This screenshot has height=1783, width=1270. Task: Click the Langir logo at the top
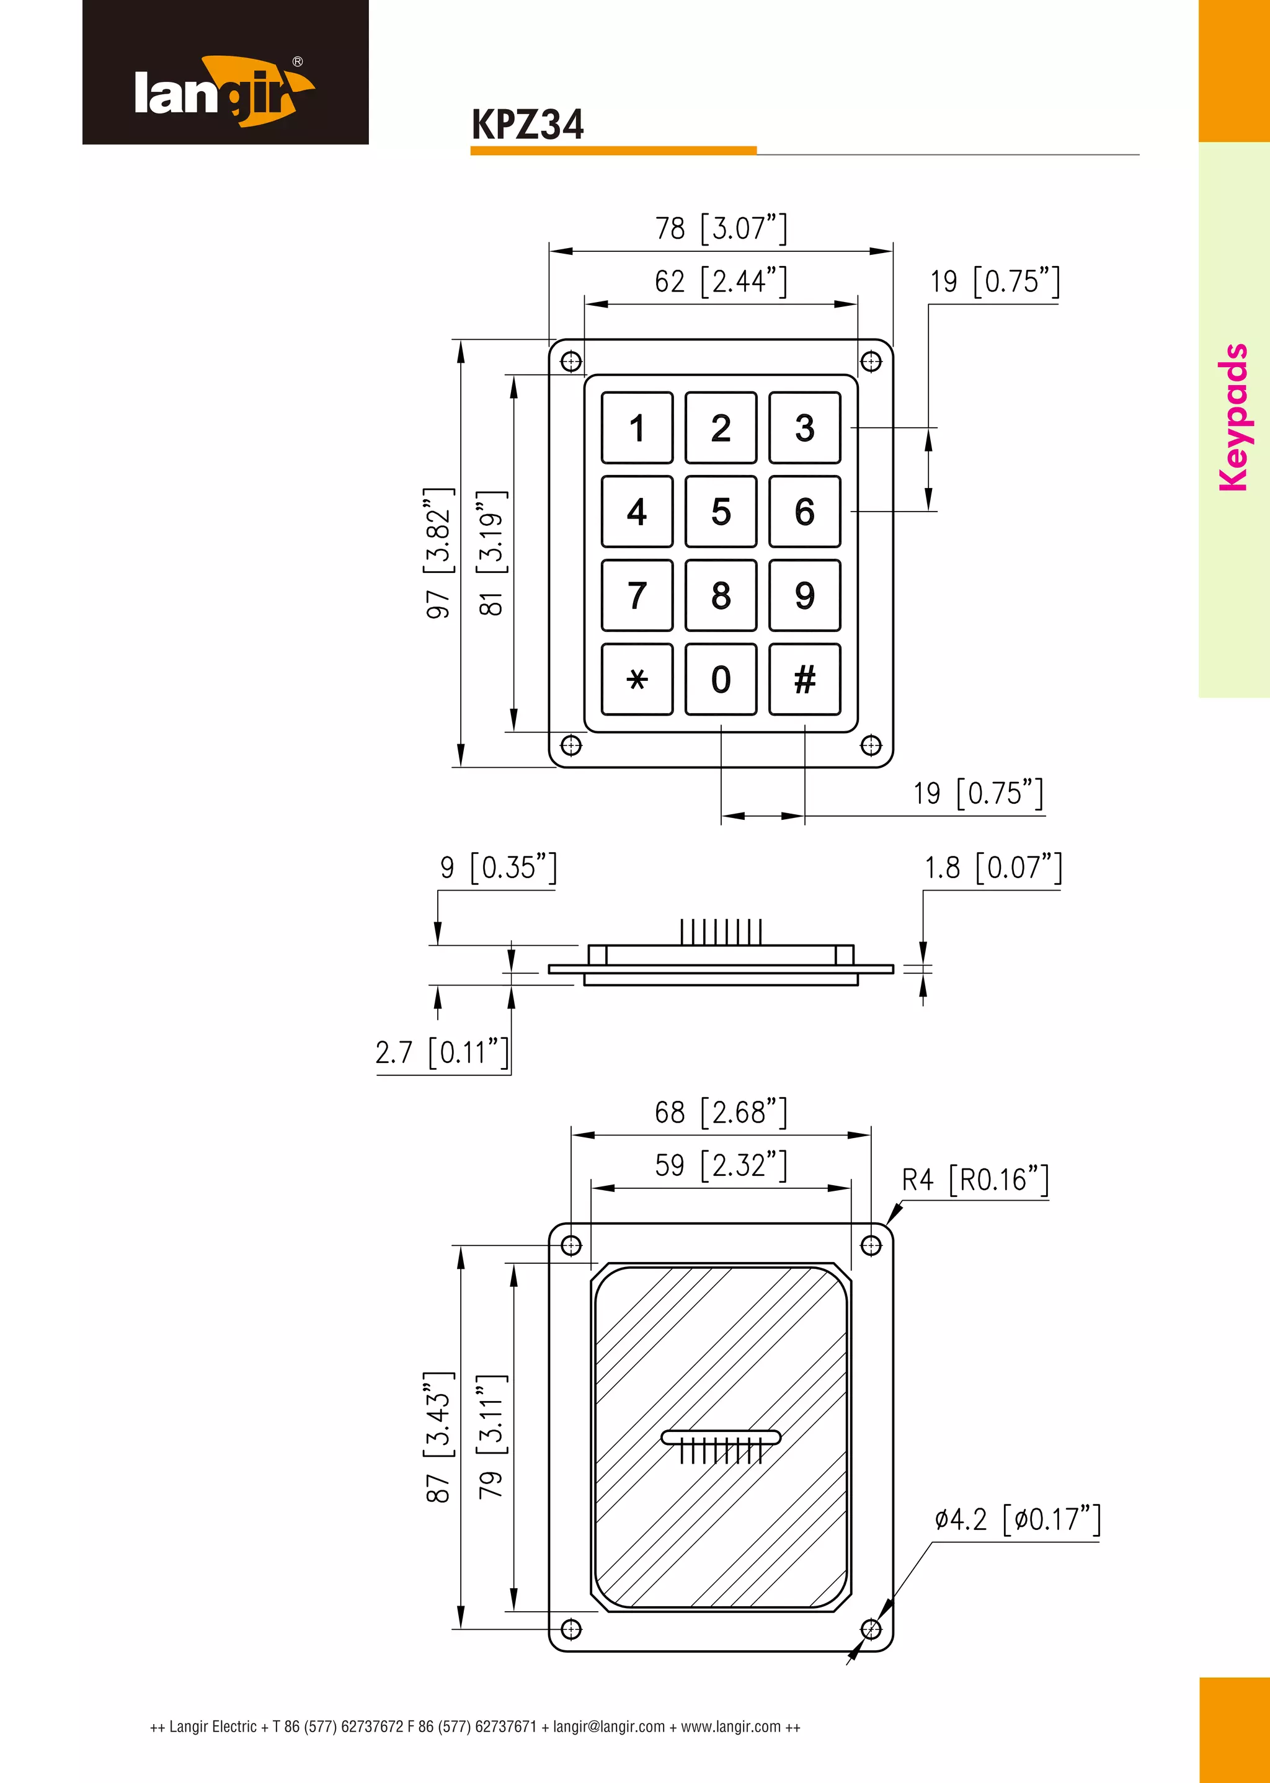point(224,90)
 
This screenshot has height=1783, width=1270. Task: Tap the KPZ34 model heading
point(527,125)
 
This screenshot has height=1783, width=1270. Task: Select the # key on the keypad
point(805,680)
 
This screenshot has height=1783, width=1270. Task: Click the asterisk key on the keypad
point(637,680)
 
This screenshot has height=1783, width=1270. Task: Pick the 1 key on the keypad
point(637,428)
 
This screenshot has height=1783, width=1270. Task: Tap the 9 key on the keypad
point(805,596)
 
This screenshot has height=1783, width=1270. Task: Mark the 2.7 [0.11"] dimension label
point(442,1052)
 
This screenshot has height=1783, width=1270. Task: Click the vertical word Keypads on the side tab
point(1234,417)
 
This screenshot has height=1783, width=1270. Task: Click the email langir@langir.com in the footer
point(608,1727)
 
